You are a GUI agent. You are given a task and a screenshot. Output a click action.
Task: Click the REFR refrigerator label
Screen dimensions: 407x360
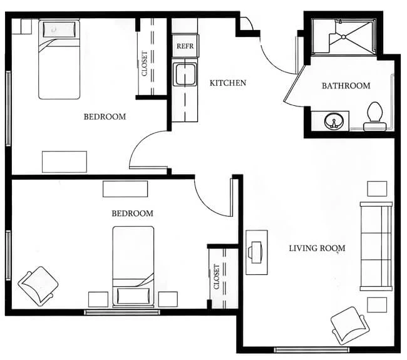pos(185,46)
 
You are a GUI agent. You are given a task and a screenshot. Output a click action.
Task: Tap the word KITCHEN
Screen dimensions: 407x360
pos(228,83)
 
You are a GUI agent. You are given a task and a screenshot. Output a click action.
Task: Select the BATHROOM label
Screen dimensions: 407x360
pos(346,86)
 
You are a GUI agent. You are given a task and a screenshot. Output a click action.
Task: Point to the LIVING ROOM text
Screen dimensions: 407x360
pos(317,248)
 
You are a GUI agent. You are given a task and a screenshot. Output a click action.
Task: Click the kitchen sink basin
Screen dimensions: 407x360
pos(185,75)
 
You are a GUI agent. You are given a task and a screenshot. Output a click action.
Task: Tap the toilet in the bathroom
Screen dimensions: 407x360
pos(374,116)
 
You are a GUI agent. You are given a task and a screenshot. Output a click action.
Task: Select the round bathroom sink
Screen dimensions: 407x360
pos(334,121)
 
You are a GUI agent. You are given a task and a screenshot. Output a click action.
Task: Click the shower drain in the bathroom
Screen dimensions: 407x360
pos(343,37)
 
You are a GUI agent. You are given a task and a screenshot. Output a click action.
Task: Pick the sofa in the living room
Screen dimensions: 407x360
pos(376,246)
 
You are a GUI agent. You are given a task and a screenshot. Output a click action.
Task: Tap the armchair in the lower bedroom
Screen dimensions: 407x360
pos(38,285)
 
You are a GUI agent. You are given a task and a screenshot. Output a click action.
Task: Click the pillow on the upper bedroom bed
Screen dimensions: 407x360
pos(59,29)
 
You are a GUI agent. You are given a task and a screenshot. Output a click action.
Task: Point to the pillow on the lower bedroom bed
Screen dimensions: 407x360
pos(133,296)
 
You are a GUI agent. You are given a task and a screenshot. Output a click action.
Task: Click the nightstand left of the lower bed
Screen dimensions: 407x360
pos(98,299)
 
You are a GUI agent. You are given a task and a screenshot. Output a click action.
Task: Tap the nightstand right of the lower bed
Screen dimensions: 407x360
pos(168,299)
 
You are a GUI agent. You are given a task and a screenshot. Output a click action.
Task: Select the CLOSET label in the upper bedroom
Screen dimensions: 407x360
pos(145,64)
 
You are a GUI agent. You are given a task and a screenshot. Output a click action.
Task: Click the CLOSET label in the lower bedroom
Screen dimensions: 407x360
pos(217,277)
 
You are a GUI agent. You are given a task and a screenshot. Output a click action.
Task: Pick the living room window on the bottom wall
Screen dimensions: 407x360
pos(312,350)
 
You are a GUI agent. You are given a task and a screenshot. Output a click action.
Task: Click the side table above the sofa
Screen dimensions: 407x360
pos(377,188)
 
